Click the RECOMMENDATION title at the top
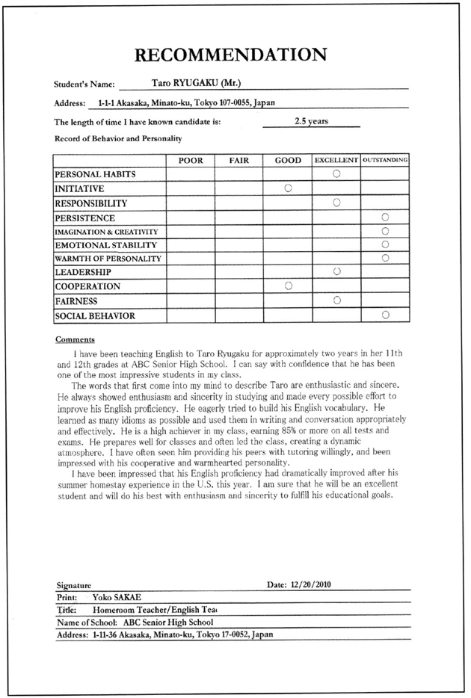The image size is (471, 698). [x=233, y=54]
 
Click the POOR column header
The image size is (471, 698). [x=191, y=160]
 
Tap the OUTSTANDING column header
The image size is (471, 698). [x=385, y=160]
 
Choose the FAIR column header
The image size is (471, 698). [x=238, y=160]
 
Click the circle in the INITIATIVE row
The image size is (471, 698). [x=288, y=188]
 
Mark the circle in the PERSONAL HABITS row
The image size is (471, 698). [x=336, y=173]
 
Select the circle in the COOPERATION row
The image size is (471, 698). [x=288, y=285]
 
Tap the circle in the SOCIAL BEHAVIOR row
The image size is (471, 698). [x=386, y=315]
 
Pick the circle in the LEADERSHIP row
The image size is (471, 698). [x=336, y=271]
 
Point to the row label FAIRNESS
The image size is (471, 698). [x=77, y=301]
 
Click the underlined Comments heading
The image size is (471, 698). [x=74, y=339]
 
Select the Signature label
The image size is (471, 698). [x=74, y=585]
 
